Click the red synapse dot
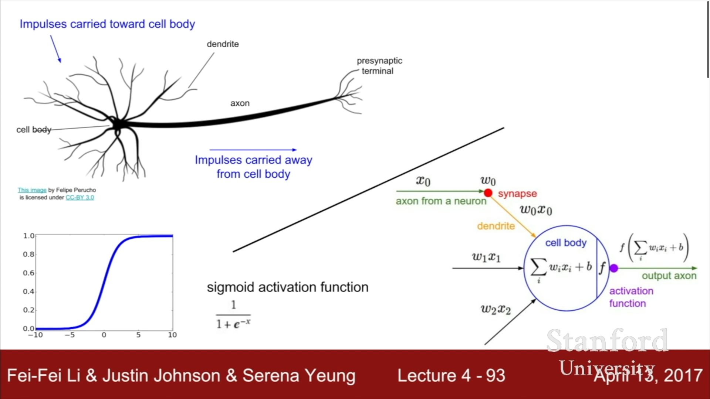pos(488,192)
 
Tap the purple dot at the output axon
pos(614,268)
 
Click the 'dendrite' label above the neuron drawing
pos(223,44)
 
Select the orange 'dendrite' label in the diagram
pos(496,226)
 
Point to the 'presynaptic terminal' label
pos(379,66)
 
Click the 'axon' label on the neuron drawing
pos(240,103)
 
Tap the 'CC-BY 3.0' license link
pos(80,197)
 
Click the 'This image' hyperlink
pos(32,190)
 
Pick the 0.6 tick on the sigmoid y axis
pos(28,273)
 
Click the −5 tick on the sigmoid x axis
pos(70,335)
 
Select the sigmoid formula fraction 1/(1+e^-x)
pos(233,315)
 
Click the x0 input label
pos(423,181)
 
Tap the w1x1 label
pos(486,257)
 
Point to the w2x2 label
pos(496,309)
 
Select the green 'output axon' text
pos(669,276)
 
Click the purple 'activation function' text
pos(631,297)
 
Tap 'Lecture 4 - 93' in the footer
pos(451,376)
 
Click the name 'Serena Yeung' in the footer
pos(299,376)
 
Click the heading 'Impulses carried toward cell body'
pos(107,24)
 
